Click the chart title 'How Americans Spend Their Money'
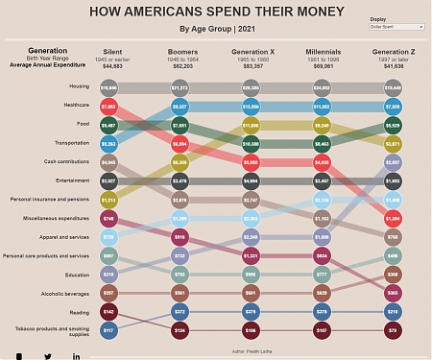coord(216,12)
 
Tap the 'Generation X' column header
coord(252,51)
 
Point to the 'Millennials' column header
coord(323,51)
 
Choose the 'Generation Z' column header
coord(394,51)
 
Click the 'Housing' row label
coord(81,87)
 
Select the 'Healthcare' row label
coord(77,106)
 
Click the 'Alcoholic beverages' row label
coord(68,293)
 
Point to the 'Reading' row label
coord(81,312)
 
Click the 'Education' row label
coord(78,275)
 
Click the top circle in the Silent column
coord(108,87)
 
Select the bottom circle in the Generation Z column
coord(392,331)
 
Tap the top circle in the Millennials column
coord(323,87)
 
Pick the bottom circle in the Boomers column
coord(180,331)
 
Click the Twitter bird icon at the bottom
coord(48,355)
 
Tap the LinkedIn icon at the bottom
coord(77,355)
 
